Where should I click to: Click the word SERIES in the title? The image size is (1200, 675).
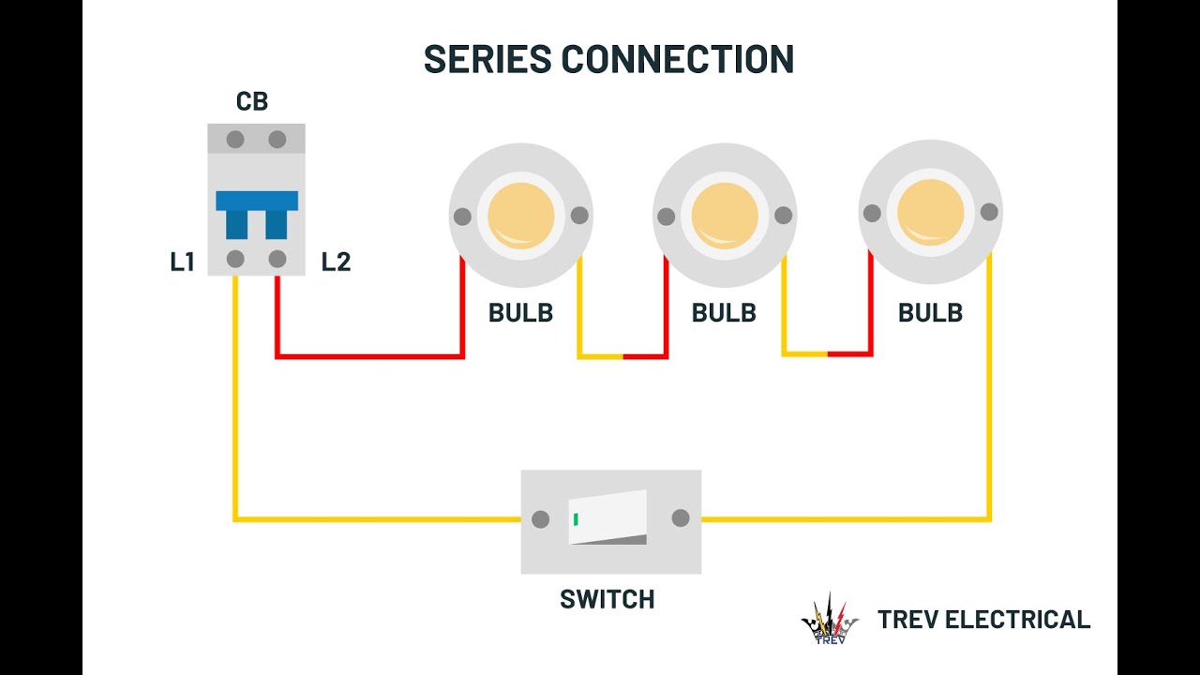click(x=487, y=59)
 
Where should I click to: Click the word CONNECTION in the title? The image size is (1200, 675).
click(x=677, y=59)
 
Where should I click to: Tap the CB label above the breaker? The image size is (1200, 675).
click(x=252, y=101)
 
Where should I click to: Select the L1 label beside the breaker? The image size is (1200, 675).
click(x=182, y=262)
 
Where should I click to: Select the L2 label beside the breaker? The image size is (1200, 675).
click(x=336, y=262)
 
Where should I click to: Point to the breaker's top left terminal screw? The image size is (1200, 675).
click(x=235, y=140)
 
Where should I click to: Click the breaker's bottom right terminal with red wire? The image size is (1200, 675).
click(x=277, y=259)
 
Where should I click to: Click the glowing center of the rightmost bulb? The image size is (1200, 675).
click(x=930, y=213)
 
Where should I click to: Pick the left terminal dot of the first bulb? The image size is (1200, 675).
click(x=462, y=217)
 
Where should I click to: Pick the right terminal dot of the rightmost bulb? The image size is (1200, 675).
click(x=989, y=213)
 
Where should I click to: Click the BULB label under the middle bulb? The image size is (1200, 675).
click(x=724, y=313)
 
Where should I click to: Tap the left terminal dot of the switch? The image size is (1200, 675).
click(x=540, y=518)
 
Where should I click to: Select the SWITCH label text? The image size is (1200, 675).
click(x=607, y=600)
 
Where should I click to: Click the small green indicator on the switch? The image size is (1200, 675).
click(x=576, y=518)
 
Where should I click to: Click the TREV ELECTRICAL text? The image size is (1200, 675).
click(x=983, y=620)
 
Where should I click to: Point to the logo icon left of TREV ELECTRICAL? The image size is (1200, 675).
click(x=830, y=620)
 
